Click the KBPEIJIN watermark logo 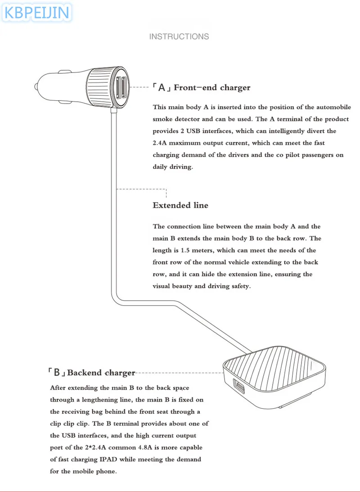(37, 12)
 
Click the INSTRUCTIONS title (179, 36)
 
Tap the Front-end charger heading (212, 87)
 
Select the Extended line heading (180, 205)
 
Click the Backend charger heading (101, 373)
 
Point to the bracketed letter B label (57, 373)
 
